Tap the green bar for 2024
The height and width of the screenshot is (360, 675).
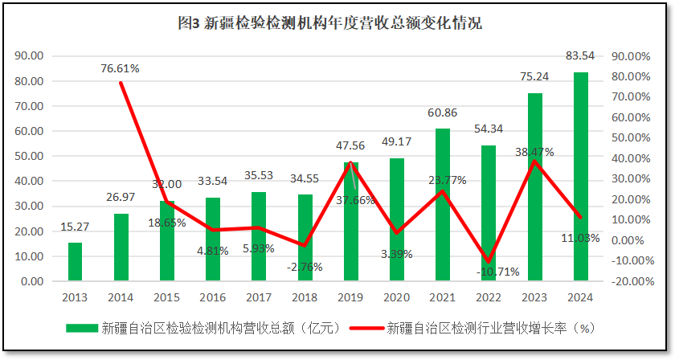point(580,177)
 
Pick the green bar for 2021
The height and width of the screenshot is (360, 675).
point(443,205)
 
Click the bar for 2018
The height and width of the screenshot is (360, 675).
point(305,238)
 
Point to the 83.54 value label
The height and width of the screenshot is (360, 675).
point(580,56)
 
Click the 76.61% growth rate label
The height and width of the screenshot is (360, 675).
point(121,68)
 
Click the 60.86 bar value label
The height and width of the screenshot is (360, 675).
point(443,112)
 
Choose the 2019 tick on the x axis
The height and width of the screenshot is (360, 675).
point(350,297)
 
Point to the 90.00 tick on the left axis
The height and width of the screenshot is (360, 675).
point(29,56)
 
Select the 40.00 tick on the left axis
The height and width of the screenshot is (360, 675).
point(29,182)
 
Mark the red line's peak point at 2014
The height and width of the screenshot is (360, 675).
point(121,83)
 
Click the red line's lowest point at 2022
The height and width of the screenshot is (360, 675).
point(488,261)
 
